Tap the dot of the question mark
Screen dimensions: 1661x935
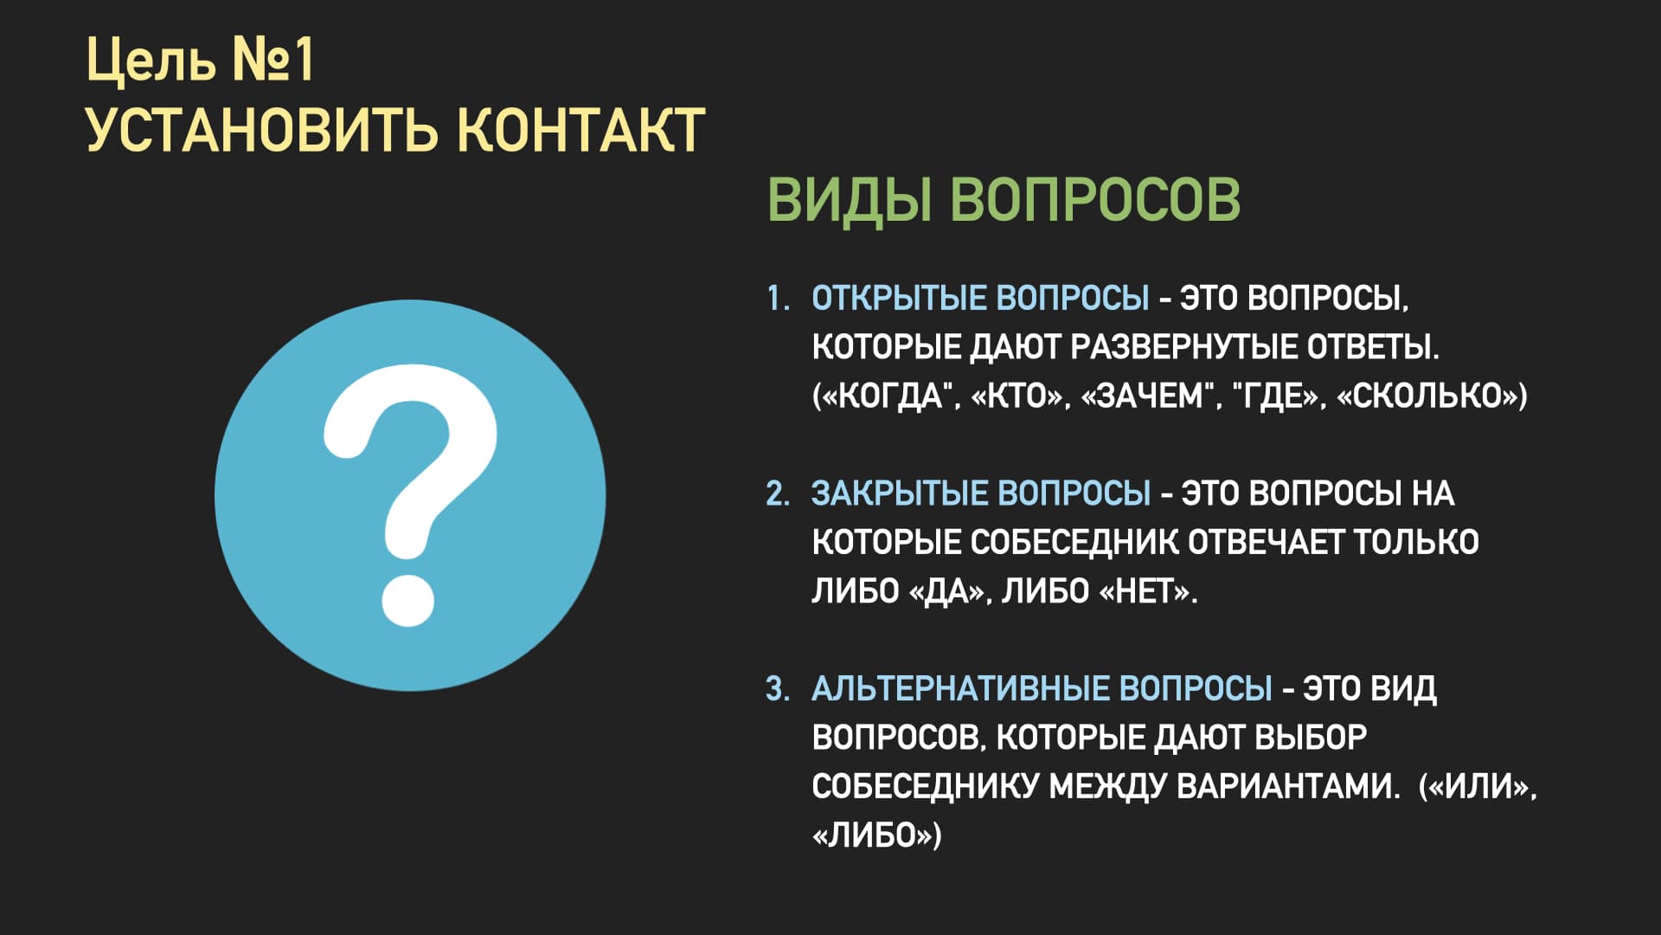tap(407, 597)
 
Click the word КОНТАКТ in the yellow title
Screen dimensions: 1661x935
tap(580, 131)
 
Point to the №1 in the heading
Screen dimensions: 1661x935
tap(273, 61)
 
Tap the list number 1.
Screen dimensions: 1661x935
tap(778, 298)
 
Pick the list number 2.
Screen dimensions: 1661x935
tap(778, 493)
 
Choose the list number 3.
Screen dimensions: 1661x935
tap(778, 689)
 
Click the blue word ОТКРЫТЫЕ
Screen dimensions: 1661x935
tap(899, 298)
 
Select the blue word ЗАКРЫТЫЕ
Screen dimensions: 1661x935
tap(900, 493)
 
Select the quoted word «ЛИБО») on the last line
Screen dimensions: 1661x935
tap(876, 835)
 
